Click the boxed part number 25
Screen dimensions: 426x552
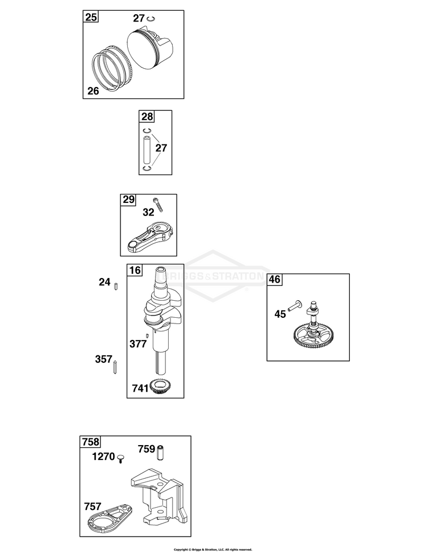pyautogui.click(x=91, y=16)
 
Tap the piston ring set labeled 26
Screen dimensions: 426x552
pyautogui.click(x=112, y=69)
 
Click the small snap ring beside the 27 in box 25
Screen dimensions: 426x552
pyautogui.click(x=152, y=19)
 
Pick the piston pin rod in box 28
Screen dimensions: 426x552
pyautogui.click(x=147, y=149)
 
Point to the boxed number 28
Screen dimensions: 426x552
pyautogui.click(x=147, y=116)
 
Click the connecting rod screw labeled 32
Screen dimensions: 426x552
pyautogui.click(x=158, y=205)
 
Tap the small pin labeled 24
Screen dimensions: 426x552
pyautogui.click(x=116, y=286)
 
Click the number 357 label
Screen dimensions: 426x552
pyautogui.click(x=104, y=359)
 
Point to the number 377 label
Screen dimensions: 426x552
pyautogui.click(x=138, y=344)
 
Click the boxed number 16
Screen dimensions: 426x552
pyautogui.click(x=135, y=270)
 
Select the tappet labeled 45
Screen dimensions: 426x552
pyautogui.click(x=295, y=306)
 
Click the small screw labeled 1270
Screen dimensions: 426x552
pyautogui.click(x=120, y=458)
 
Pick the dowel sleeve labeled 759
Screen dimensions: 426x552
pyautogui.click(x=161, y=451)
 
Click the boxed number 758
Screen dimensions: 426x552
pyautogui.click(x=90, y=442)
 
